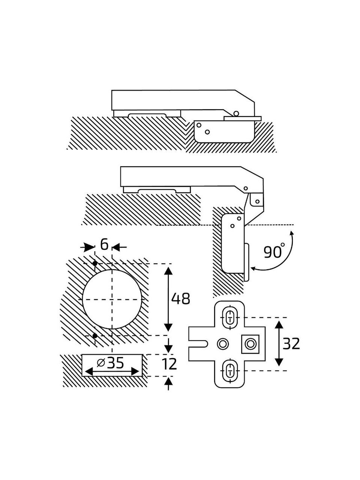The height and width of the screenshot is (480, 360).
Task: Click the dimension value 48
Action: coord(180,299)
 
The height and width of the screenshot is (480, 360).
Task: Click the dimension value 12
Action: coord(169,364)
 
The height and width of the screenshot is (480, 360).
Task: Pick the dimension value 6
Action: coord(104,245)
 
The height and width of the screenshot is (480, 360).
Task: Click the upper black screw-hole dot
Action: coord(94,264)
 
